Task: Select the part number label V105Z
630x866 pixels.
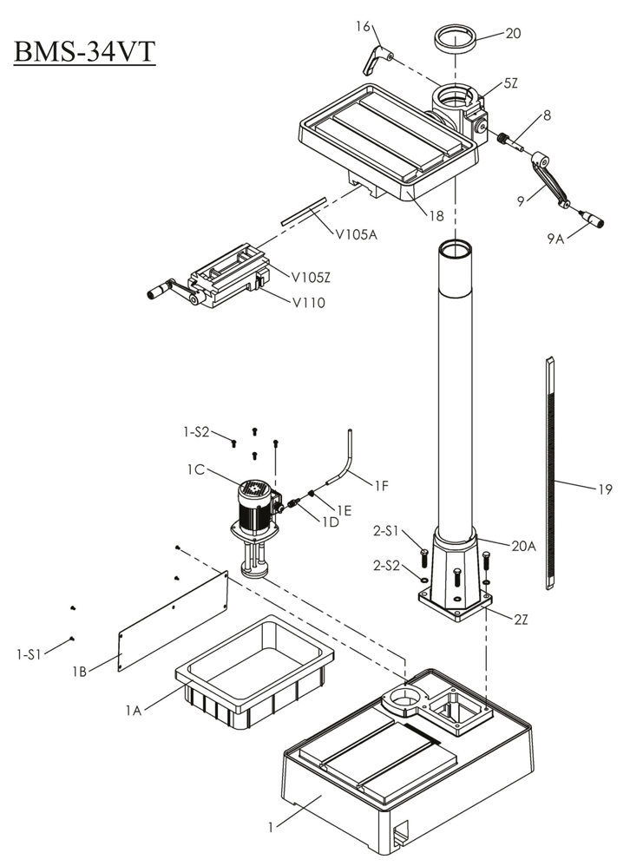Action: coord(310,278)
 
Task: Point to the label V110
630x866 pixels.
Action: coord(308,303)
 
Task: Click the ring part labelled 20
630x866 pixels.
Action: coord(456,40)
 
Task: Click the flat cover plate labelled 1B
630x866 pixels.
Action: coord(174,621)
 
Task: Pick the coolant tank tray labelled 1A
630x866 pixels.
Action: coord(255,673)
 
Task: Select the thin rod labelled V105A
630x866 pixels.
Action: coord(303,211)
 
